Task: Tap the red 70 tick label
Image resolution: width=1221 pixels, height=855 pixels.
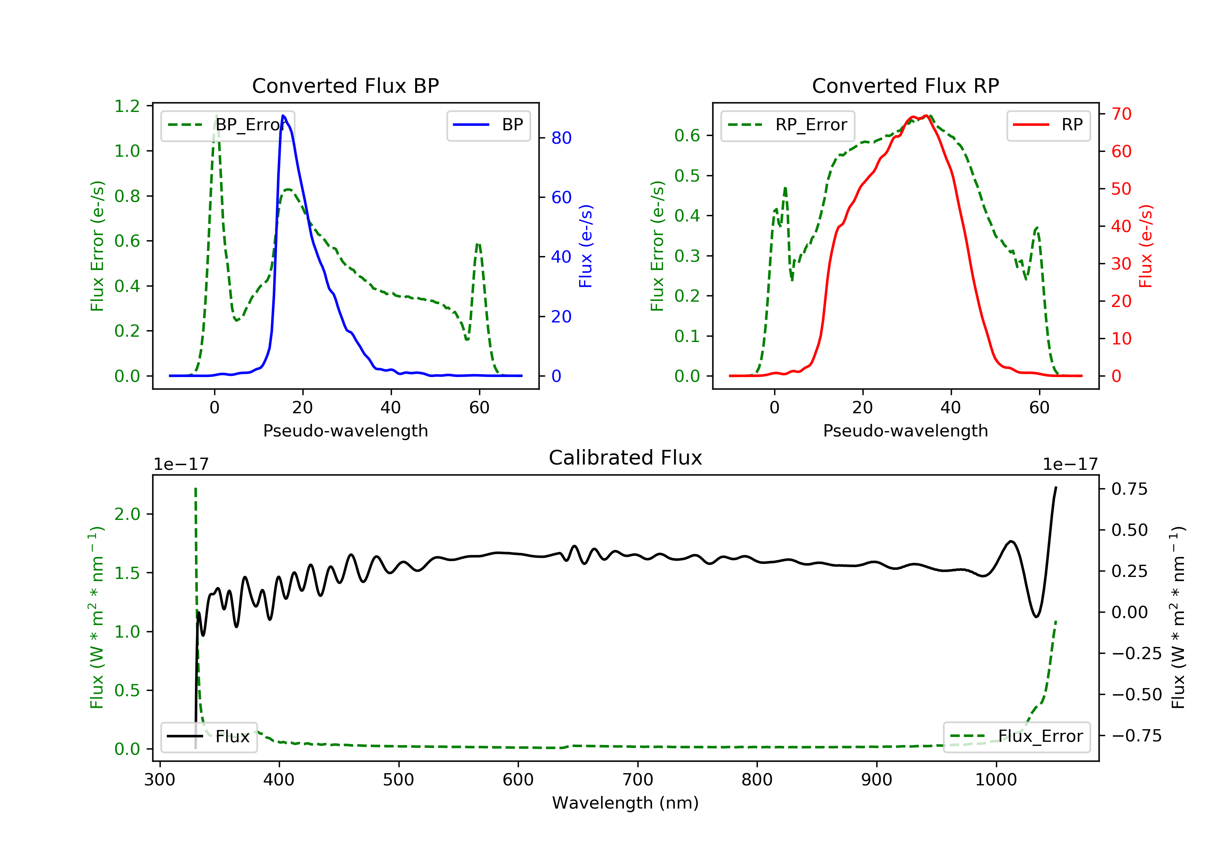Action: point(1121,114)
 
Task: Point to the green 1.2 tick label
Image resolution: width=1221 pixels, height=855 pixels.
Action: point(127,106)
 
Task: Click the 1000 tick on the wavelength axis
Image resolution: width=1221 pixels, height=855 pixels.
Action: point(996,780)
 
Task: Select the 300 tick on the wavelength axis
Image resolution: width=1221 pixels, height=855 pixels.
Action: point(160,780)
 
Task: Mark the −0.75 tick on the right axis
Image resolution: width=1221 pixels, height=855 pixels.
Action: point(1136,736)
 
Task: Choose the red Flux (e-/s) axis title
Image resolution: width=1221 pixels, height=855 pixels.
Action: point(1145,246)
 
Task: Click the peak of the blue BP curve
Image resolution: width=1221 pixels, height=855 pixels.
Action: point(283,116)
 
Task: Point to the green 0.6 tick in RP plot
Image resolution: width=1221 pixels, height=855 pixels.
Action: point(687,136)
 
